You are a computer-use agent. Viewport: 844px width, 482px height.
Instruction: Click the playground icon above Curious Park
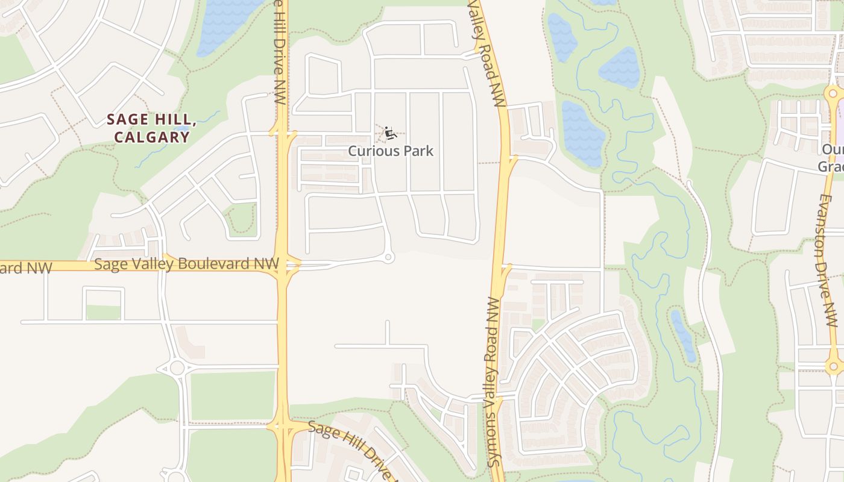coord(390,133)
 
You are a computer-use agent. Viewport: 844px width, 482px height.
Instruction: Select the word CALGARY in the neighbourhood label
coord(151,137)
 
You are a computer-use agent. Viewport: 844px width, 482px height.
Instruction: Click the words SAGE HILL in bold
coord(151,119)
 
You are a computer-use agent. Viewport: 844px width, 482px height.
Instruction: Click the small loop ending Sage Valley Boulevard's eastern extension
coord(389,257)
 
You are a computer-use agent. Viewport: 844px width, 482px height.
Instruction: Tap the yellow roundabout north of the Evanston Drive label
coord(834,93)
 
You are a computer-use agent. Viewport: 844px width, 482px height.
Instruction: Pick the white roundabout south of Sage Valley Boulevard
coord(177,367)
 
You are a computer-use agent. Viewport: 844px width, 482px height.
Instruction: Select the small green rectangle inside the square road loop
coord(103,312)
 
